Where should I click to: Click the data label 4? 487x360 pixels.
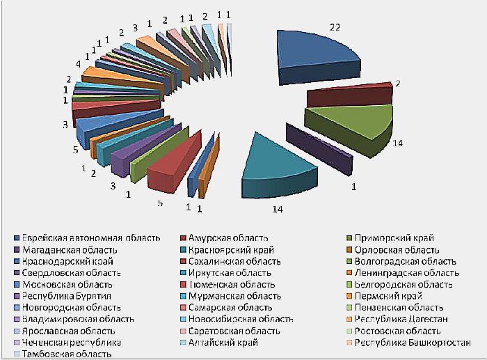78,64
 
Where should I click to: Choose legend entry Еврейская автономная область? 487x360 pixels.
90,239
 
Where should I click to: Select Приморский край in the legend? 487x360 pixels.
392,239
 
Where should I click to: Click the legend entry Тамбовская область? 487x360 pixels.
66,354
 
